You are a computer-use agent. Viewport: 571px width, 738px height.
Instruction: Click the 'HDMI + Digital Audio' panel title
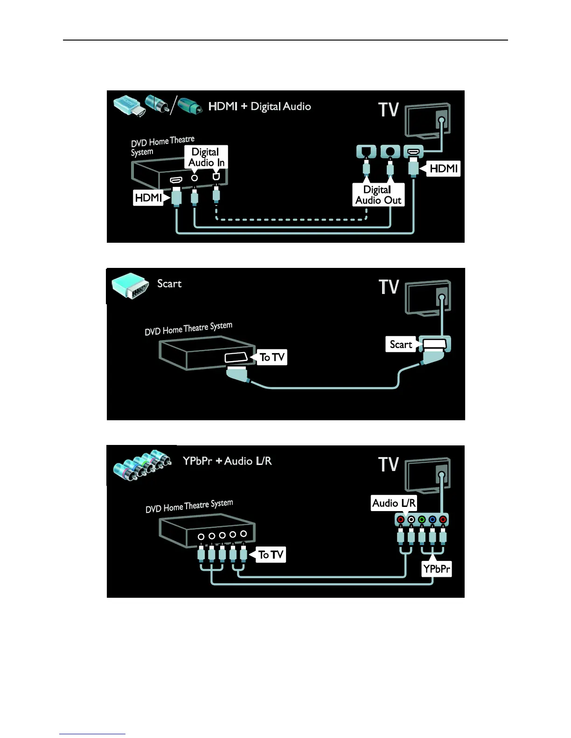click(259, 107)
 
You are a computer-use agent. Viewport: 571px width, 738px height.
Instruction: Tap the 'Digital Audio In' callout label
click(206, 157)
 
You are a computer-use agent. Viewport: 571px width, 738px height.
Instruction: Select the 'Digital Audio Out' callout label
click(378, 195)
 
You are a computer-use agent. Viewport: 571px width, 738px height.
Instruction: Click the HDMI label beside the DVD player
click(148, 198)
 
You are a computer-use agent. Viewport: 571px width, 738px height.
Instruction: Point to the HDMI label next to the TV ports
click(443, 168)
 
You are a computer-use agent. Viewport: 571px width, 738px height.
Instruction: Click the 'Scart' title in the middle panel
click(169, 284)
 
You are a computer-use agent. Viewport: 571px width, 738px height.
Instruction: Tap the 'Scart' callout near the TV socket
click(401, 344)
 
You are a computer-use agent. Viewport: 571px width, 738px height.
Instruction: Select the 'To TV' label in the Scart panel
click(272, 357)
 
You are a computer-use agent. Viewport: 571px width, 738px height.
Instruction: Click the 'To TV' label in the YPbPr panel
click(271, 554)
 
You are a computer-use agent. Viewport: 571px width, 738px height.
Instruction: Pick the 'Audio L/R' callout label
click(394, 503)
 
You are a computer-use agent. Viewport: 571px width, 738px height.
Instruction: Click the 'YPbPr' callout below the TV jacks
click(437, 569)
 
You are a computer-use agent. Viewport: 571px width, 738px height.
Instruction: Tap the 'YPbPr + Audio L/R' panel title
click(227, 461)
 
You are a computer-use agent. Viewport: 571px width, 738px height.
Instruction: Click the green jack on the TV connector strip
click(422, 519)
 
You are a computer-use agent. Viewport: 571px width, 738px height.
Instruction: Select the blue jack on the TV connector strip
click(432, 519)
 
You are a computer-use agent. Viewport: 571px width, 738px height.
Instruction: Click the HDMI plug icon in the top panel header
click(128, 105)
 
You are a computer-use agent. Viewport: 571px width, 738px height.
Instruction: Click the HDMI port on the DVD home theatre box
click(176, 179)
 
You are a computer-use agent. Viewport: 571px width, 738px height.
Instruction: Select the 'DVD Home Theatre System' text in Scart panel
click(188, 328)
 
